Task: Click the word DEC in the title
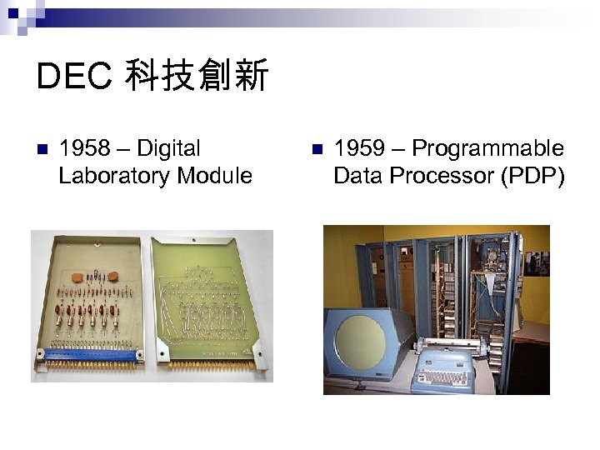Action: tap(73, 77)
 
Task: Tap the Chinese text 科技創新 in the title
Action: tap(197, 77)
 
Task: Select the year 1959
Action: tap(357, 149)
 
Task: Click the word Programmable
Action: tap(487, 149)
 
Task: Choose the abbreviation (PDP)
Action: tap(532, 176)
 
